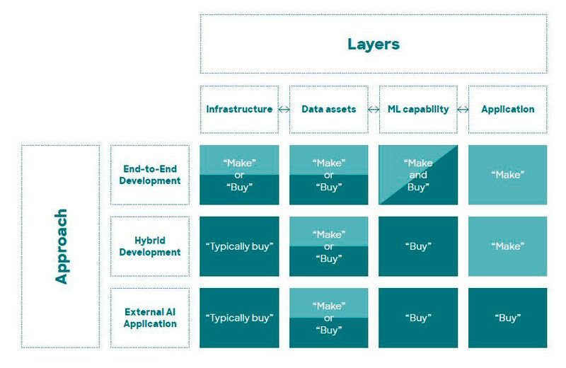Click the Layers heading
[373, 44]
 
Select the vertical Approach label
[62, 246]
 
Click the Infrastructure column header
[239, 109]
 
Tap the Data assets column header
[328, 109]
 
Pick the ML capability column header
[417, 109]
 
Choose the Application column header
[507, 109]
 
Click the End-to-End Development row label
[149, 175]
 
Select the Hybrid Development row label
[149, 246]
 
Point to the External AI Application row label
[149, 318]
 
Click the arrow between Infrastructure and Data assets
[284, 110]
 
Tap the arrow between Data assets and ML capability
[374, 110]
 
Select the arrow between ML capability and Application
[463, 110]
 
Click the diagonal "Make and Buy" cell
[417, 175]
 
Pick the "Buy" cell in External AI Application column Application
[507, 318]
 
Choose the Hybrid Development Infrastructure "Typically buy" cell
[239, 246]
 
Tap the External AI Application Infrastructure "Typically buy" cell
[239, 318]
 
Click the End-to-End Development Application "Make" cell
[507, 175]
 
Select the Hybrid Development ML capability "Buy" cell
[417, 246]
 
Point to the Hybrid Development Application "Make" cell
[507, 246]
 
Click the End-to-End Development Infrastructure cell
[239, 175]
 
